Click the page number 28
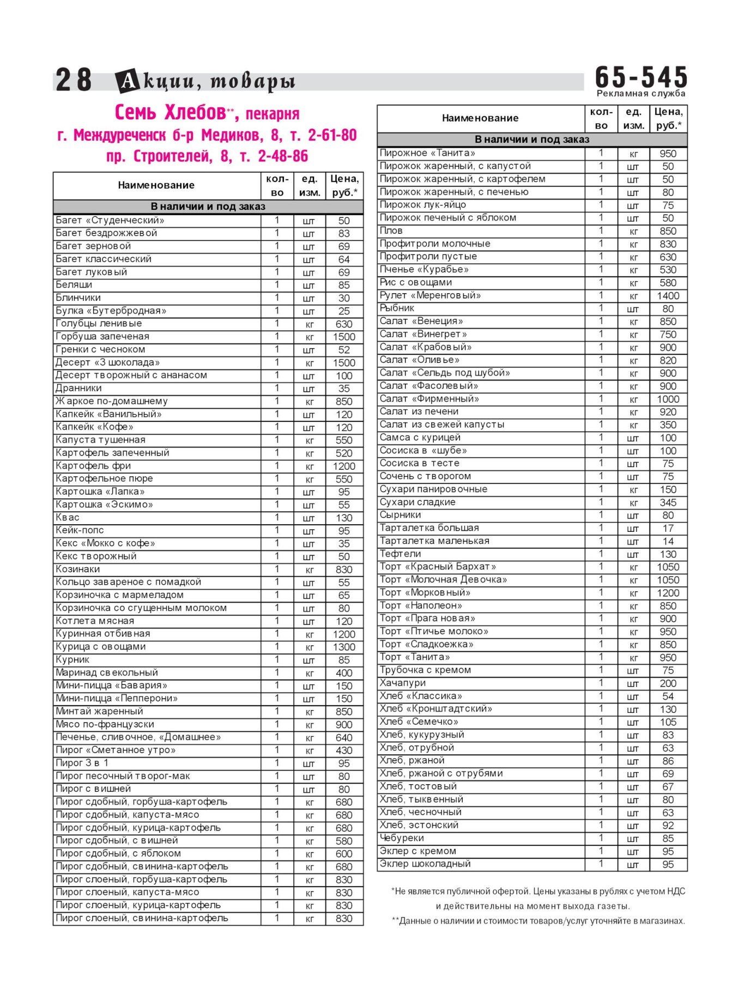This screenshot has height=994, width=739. pos(74,80)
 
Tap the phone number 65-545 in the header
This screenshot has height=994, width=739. pos(641,77)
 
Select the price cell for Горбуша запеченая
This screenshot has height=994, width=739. pos(344,337)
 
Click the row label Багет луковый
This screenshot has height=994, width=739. pos(91,272)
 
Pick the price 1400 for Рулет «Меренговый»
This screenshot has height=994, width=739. pos(668,296)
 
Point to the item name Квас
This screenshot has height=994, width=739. pos(68,517)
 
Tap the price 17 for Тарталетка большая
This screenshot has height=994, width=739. pos(668,528)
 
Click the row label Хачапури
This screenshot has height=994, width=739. pos(403,683)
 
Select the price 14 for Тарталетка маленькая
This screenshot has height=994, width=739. pos(668,541)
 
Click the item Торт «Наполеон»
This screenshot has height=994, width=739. pos(421,605)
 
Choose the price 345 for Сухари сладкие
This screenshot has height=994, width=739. pos(668,502)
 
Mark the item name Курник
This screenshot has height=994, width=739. pos(72,659)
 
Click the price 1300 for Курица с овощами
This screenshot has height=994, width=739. pos(344,647)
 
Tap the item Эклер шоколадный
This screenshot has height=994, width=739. pos(425,864)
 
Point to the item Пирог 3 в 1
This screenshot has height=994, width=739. pos(82,763)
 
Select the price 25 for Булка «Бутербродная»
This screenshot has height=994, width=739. pos(344,311)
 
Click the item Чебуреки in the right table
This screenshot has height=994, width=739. pos(402,838)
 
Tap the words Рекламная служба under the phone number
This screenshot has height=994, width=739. pos(641,93)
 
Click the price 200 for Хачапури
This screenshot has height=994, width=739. pos(668,683)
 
